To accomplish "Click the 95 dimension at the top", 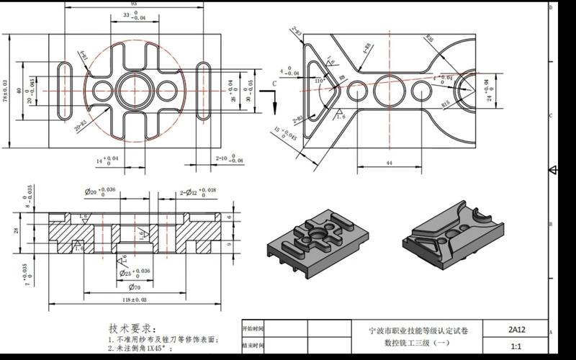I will (x=134, y=3).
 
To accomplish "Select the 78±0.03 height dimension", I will (x=6, y=91).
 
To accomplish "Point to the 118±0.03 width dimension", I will (x=134, y=298).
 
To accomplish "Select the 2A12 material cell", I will (x=516, y=330).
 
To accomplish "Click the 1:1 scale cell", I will (x=516, y=346).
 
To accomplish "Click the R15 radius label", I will (x=446, y=104).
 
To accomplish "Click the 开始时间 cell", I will (x=252, y=330).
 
